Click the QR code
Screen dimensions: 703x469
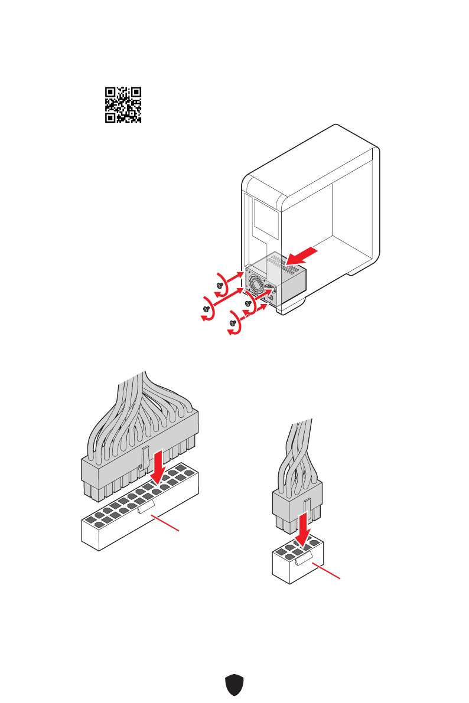123,104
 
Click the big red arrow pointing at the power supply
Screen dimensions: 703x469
305,256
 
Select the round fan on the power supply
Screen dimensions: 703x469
258,286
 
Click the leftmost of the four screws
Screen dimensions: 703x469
207,309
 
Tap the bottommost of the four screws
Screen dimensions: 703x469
233,323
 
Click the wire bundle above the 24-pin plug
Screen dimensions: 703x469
142,407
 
